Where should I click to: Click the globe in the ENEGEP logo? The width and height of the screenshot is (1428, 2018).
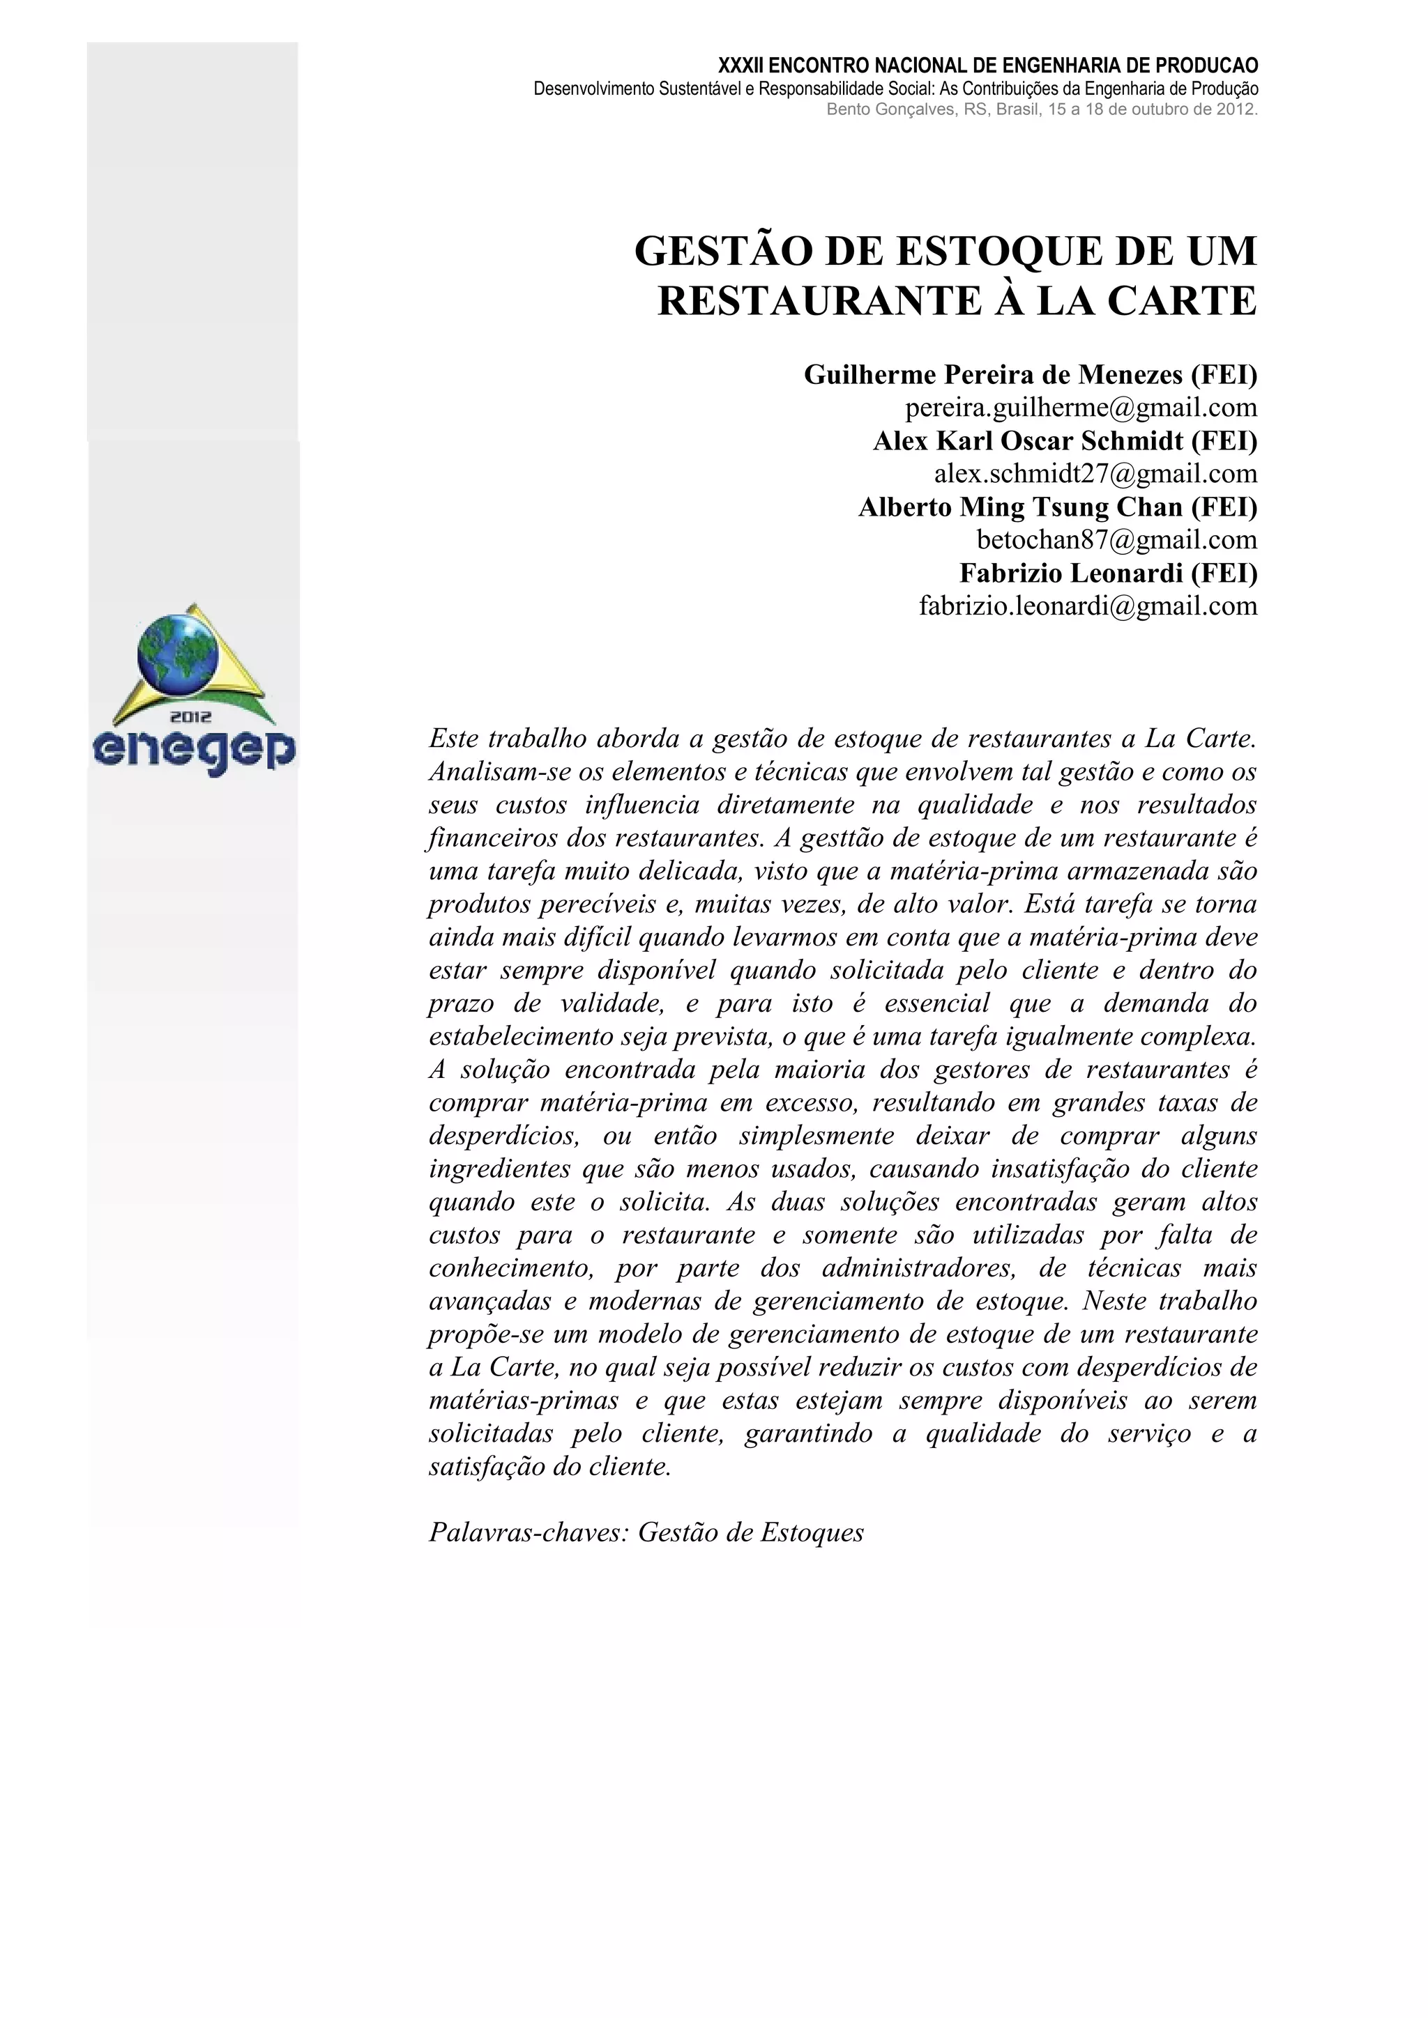pos(178,654)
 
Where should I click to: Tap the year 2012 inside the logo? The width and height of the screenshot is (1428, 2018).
pos(191,717)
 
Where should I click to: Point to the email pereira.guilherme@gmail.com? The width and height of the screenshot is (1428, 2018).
pos(1081,408)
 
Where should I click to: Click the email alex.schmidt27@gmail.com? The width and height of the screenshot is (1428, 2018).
pos(1095,474)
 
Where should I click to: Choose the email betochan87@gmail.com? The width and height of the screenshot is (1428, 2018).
pos(1117,539)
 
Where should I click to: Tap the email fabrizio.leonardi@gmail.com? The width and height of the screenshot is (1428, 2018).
pos(1088,606)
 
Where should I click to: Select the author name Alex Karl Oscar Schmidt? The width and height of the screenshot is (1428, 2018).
pos(1028,441)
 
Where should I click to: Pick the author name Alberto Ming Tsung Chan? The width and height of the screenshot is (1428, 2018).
pos(1020,507)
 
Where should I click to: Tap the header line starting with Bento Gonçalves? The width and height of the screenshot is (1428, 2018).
pos(1042,110)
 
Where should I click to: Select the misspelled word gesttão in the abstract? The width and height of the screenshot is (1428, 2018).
pos(842,838)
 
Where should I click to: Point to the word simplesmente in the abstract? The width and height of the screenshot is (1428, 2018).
pos(816,1136)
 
